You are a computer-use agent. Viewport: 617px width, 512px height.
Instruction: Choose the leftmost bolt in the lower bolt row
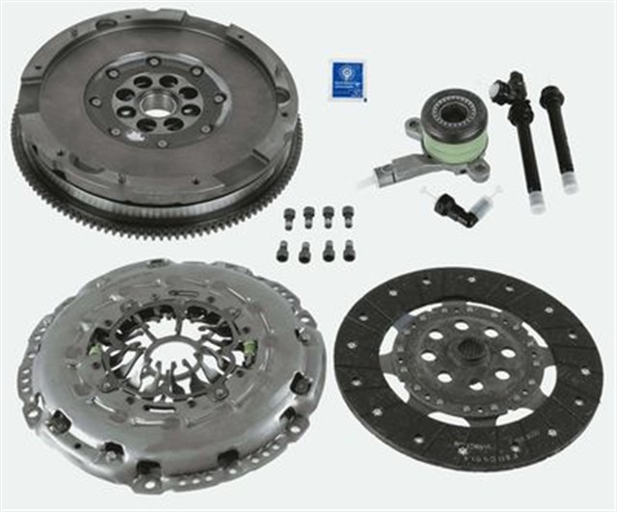282,253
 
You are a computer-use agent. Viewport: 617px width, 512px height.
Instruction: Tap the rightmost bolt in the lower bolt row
348,251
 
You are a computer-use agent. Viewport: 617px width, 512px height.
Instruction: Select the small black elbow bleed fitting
450,207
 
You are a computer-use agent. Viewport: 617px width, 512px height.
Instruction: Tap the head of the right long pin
551,97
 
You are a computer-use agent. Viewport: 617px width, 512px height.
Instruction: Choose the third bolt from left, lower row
328,252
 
